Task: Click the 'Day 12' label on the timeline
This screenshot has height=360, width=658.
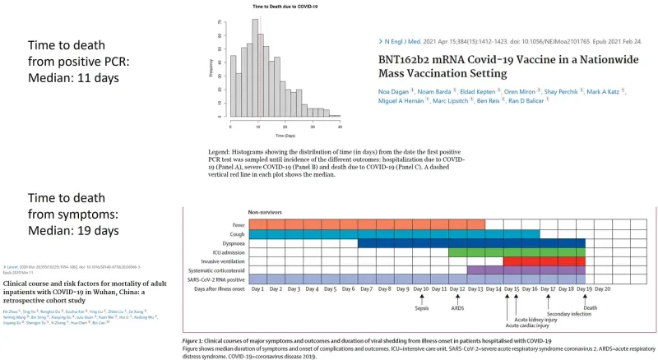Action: point(457,289)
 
